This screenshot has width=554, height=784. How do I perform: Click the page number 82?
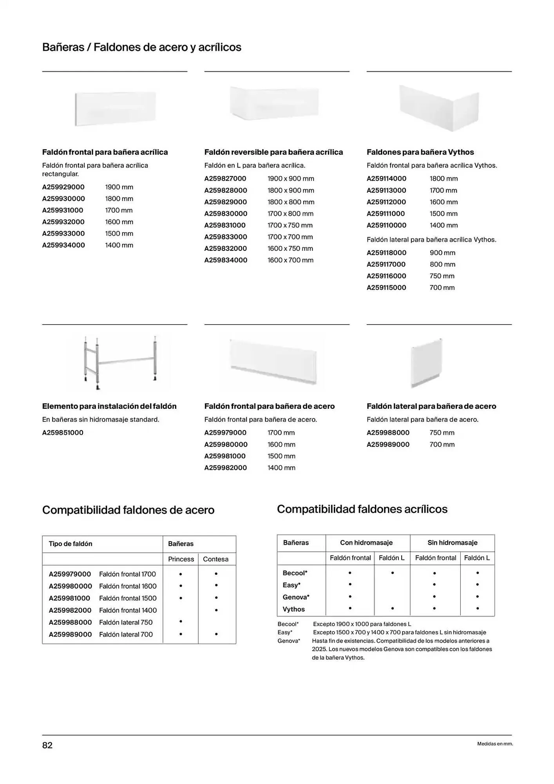(47, 745)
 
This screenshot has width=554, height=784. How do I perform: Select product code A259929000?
(63, 187)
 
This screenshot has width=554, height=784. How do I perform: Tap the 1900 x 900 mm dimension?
(291, 179)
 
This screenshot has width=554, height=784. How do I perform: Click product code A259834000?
(226, 260)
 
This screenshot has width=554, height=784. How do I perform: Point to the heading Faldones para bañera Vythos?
(420, 152)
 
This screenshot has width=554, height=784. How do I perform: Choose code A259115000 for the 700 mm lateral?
(386, 288)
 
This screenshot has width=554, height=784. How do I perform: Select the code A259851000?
(63, 433)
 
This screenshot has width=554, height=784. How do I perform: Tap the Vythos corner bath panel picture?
(439, 107)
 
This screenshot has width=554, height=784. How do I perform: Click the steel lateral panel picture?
(426, 362)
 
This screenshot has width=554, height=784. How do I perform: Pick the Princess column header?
(181, 559)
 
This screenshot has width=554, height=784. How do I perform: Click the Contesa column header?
(215, 559)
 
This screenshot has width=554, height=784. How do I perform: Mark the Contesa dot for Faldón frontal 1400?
(216, 610)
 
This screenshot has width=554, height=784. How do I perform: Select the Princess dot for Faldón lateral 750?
(181, 622)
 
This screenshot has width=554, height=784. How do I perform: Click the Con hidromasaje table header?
(366, 543)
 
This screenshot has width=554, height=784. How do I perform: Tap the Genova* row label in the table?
(296, 597)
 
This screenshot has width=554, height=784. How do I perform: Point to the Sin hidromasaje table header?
(452, 543)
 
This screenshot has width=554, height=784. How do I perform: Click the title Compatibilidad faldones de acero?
(128, 510)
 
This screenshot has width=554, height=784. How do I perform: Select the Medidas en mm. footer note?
(494, 744)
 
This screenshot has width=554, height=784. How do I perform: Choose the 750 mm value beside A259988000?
(442, 433)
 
